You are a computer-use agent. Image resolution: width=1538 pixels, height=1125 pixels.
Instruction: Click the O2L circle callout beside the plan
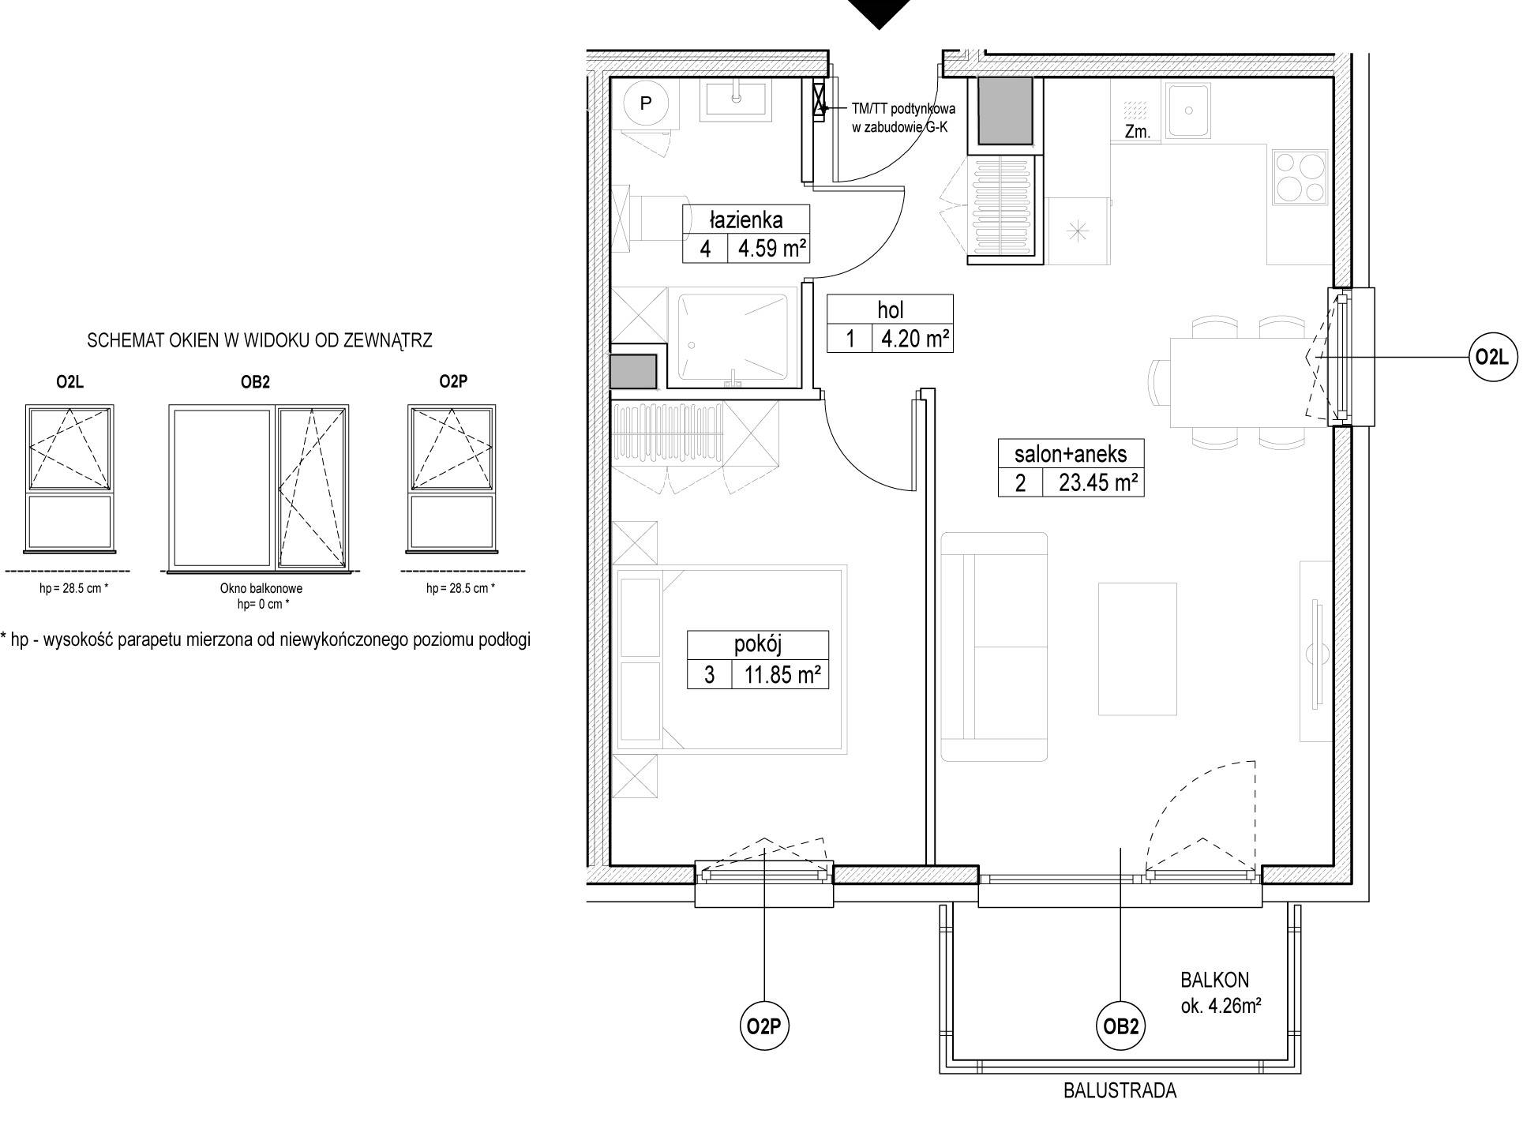click(1491, 358)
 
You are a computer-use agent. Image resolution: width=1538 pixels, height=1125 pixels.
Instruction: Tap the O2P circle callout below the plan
click(764, 1026)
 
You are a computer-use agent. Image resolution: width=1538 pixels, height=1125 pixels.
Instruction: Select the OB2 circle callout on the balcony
click(1120, 1026)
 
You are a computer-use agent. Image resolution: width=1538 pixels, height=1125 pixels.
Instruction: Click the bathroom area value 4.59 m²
click(771, 249)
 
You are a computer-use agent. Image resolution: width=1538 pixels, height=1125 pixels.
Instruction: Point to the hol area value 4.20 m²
click(915, 339)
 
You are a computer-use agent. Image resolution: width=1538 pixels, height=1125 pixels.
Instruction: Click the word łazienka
click(746, 219)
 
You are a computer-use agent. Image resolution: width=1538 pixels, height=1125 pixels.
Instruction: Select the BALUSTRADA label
click(1120, 1091)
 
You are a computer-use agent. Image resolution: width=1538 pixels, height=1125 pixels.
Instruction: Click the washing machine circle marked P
click(646, 103)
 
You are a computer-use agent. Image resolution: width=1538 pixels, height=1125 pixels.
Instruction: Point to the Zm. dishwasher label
click(1137, 133)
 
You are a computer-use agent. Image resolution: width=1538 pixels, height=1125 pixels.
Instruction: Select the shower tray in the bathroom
click(732, 338)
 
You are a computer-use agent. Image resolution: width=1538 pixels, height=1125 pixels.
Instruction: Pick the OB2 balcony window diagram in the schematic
click(258, 487)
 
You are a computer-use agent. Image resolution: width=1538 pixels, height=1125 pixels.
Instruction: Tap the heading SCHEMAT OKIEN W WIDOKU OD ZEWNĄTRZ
click(260, 340)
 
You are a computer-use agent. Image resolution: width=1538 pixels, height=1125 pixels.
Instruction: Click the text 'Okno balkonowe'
click(261, 588)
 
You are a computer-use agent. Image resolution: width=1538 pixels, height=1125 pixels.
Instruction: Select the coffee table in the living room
click(1138, 649)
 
